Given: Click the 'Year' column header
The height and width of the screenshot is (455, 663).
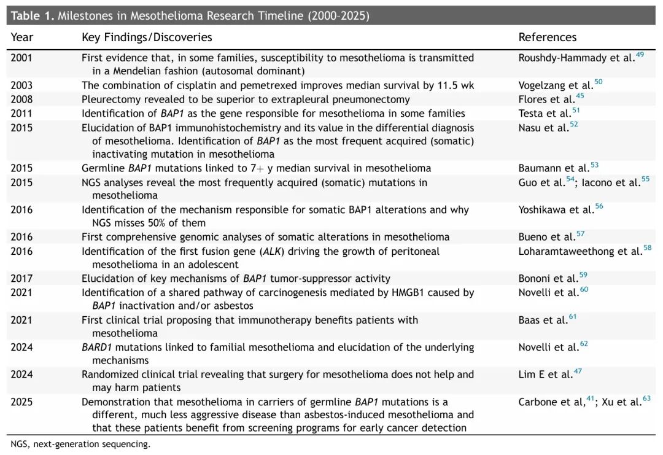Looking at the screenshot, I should pyautogui.click(x=22, y=37).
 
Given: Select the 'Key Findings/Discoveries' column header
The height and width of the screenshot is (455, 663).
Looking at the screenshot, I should pyautogui.click(x=147, y=37).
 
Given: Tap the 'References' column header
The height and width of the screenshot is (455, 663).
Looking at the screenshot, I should pyautogui.click(x=548, y=37).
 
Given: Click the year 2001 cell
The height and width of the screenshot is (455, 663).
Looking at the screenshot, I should pyautogui.click(x=21, y=58).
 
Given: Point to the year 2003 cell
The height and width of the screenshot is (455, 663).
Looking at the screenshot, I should pyautogui.click(x=21, y=85).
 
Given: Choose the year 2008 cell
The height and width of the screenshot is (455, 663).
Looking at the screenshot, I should pyautogui.click(x=21, y=99).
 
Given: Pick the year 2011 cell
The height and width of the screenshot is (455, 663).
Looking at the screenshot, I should pyautogui.click(x=21, y=114).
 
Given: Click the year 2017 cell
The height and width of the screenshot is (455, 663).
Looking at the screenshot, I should pyautogui.click(x=21, y=279).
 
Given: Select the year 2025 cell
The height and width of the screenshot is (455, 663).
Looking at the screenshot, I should pyautogui.click(x=21, y=402).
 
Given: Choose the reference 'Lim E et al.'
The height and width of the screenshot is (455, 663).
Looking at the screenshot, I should pyautogui.click(x=545, y=375).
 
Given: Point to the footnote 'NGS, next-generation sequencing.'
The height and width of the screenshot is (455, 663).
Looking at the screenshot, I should pyautogui.click(x=80, y=444).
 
